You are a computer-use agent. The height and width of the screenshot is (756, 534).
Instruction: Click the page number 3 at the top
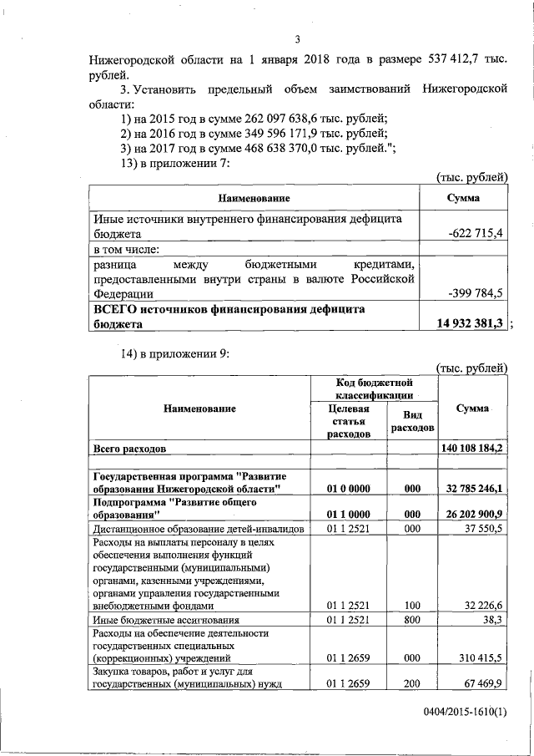click(x=297, y=39)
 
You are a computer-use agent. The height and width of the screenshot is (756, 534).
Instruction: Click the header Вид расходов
click(x=411, y=421)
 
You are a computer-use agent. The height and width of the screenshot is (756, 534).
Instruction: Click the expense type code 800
click(x=411, y=620)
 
